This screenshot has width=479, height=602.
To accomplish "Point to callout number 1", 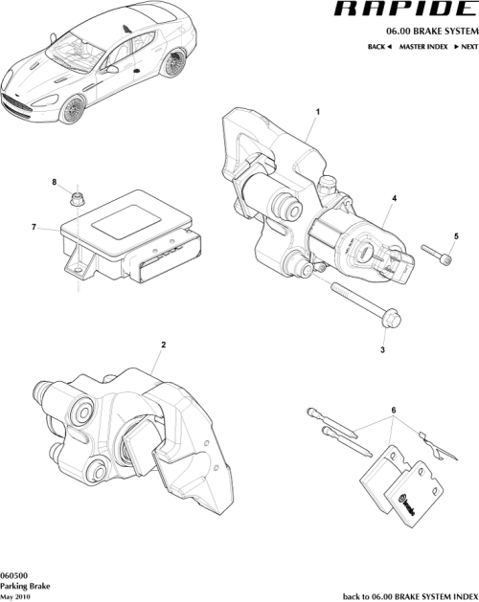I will pyautogui.click(x=315, y=111).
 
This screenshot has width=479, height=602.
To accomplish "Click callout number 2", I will pyautogui.click(x=164, y=345).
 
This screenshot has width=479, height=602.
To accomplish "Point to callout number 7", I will pyautogui.click(x=34, y=227).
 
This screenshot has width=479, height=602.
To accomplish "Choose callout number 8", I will pyautogui.click(x=54, y=182).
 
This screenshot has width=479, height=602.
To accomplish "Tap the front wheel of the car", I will pyautogui.click(x=72, y=112).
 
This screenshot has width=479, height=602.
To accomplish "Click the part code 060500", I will pyautogui.click(x=13, y=572).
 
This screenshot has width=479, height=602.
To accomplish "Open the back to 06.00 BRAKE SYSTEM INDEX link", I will pyautogui.click(x=409, y=594).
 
